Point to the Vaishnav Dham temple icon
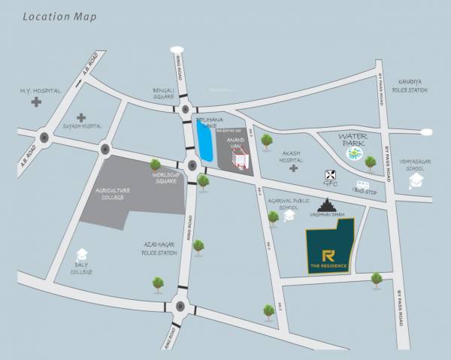328,204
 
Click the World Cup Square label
165,177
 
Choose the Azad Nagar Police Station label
159,249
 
